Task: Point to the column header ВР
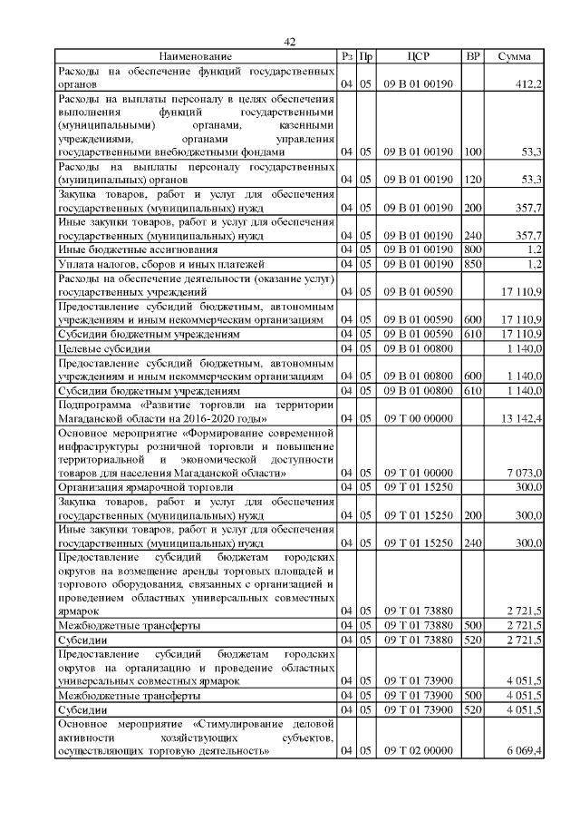point(473,57)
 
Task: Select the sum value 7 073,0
point(524,473)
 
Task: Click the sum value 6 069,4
point(523,752)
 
